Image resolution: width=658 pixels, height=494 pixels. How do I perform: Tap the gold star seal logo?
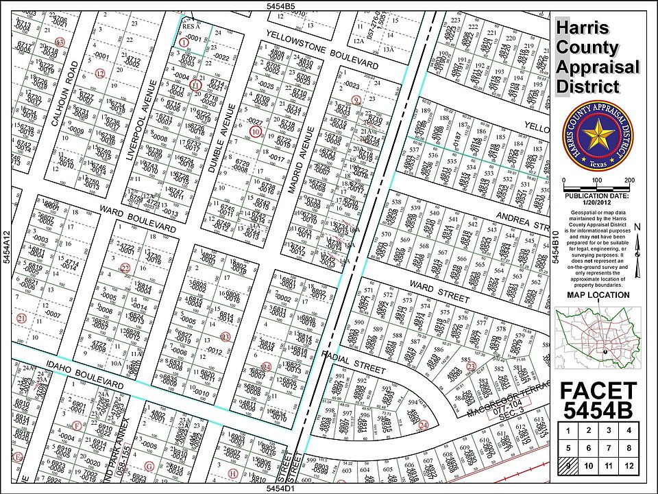point(596,137)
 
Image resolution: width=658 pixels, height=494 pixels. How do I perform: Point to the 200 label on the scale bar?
point(629,180)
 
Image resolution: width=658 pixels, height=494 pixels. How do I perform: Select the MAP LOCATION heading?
point(598,295)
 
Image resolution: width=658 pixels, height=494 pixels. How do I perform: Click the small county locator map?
point(596,337)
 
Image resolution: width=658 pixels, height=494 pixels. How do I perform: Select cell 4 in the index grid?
point(629,431)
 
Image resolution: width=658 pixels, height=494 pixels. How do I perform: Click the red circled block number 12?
point(100,73)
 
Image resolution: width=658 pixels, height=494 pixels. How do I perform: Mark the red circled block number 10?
point(256,131)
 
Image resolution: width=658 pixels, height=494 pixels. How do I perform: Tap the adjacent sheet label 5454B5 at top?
point(280,5)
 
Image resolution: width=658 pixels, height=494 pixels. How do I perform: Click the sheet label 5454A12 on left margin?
point(6,248)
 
